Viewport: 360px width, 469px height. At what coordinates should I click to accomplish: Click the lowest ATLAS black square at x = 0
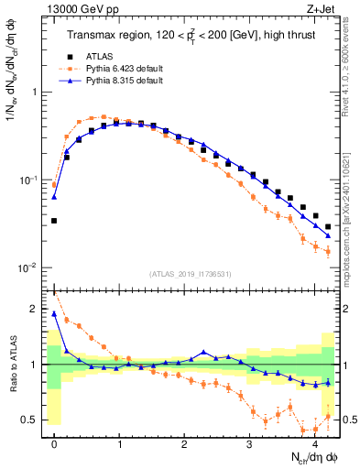(x=54, y=221)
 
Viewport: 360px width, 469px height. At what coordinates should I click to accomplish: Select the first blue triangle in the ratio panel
(x=54, y=314)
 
